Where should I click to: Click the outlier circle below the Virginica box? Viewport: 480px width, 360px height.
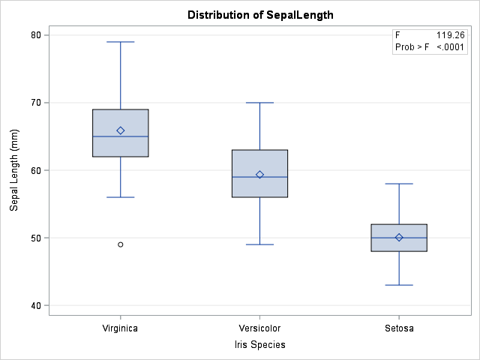coord(121,244)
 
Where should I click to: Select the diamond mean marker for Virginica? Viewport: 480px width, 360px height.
coord(121,130)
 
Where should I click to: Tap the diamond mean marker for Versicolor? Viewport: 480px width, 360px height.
coord(259,175)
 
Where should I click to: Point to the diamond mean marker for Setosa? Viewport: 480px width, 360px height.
coord(399,237)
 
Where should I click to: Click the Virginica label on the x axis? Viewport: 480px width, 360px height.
coord(120,328)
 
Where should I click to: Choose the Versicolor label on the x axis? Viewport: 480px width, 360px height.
coord(259,328)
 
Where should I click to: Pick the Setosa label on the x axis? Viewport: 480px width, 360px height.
coord(399,328)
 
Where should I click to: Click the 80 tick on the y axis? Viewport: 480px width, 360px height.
coord(34,35)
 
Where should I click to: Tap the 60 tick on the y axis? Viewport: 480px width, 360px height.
coord(34,170)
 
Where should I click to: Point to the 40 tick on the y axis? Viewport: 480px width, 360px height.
coord(34,305)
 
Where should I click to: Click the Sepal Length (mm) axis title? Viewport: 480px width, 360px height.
coord(14,170)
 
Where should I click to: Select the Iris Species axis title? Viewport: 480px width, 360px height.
coord(259,344)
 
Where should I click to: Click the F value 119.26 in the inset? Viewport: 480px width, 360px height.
coord(450,35)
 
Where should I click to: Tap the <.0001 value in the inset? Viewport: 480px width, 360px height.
coord(451,47)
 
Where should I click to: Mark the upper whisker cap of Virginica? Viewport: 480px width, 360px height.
coord(121,42)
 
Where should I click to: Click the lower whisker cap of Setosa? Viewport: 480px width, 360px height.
coord(399,285)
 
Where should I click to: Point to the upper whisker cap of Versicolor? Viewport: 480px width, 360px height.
coord(259,103)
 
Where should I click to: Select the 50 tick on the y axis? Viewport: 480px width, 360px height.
coord(34,238)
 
